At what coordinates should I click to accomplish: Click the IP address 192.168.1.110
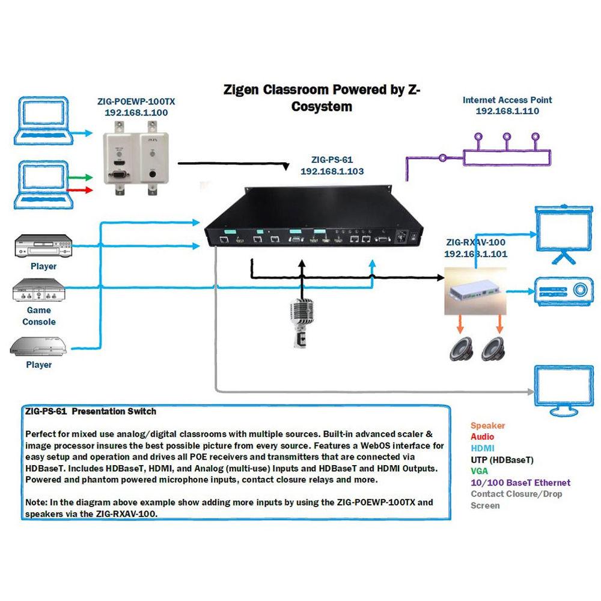(x=507, y=111)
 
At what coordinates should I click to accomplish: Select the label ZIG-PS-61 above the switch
(x=332, y=160)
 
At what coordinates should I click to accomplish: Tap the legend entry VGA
(x=480, y=471)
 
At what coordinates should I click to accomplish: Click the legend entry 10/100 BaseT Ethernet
(x=520, y=483)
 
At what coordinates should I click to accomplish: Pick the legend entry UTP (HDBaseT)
(x=502, y=460)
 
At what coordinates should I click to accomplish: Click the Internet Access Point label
(x=507, y=100)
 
